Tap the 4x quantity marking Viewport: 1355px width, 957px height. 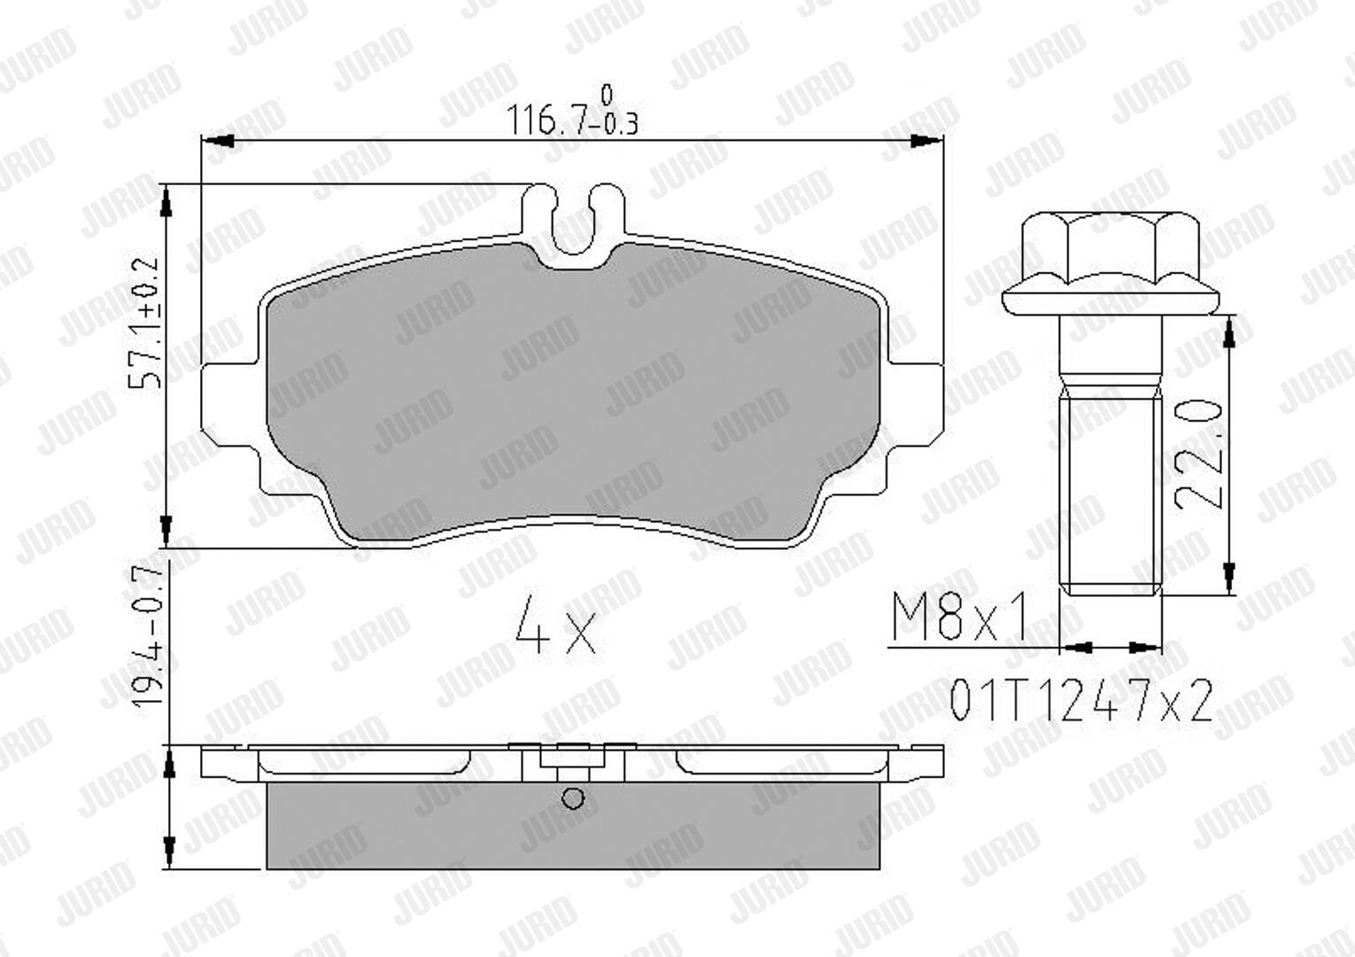click(x=556, y=625)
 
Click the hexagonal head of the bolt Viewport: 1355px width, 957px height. click(x=1110, y=248)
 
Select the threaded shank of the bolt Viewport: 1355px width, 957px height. click(x=1111, y=495)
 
